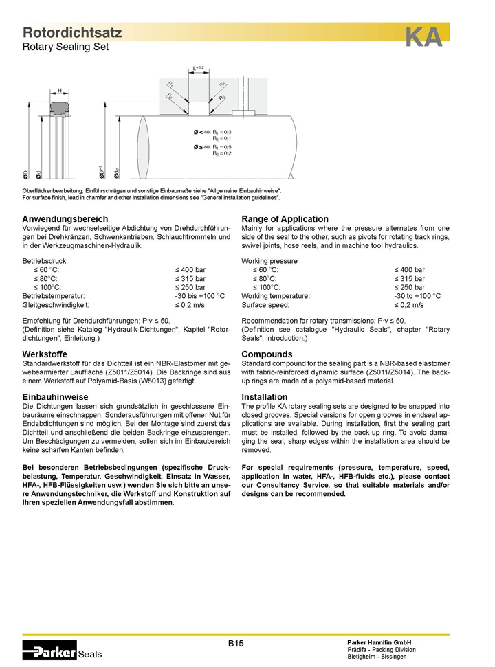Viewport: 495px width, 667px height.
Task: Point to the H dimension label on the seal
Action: point(60,91)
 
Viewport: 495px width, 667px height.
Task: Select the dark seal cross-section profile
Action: point(60,108)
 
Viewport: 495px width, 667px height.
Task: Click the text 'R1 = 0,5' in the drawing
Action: point(221,147)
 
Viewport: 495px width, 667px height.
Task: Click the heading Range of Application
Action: point(285,219)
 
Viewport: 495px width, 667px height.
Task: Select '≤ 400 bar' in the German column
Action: point(190,270)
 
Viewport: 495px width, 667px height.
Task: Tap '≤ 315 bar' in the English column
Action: point(409,279)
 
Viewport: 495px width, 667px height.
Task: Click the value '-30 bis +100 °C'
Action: point(200,296)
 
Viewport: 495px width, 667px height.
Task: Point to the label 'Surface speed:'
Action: point(265,304)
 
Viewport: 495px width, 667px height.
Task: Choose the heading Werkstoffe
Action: point(45,354)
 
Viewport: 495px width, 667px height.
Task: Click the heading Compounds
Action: point(267,354)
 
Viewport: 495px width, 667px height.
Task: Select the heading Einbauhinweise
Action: point(55,397)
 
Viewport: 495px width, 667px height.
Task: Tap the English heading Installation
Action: point(265,397)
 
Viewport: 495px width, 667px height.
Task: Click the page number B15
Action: point(236,644)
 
